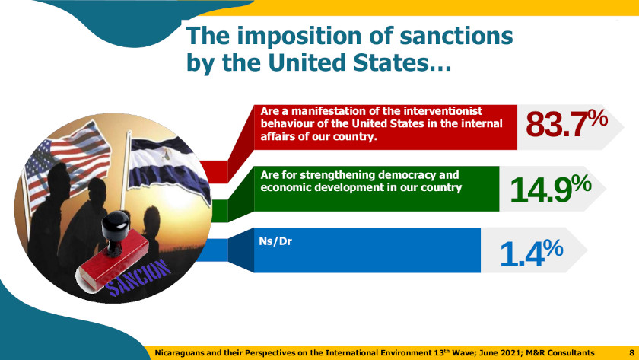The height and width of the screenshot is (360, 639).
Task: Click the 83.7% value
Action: [x=567, y=124]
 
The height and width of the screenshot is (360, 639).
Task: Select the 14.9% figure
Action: [x=551, y=188]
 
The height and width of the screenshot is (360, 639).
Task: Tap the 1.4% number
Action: [x=532, y=253]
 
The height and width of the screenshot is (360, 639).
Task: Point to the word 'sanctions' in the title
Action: [x=456, y=36]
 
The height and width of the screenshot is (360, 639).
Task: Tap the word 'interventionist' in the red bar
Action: [x=443, y=111]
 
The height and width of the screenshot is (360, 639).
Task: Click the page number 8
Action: [x=631, y=352]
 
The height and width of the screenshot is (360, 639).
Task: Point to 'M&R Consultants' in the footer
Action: [x=560, y=352]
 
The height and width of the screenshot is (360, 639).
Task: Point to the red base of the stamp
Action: [x=113, y=261]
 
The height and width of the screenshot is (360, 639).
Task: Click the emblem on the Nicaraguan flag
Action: [x=167, y=154]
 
